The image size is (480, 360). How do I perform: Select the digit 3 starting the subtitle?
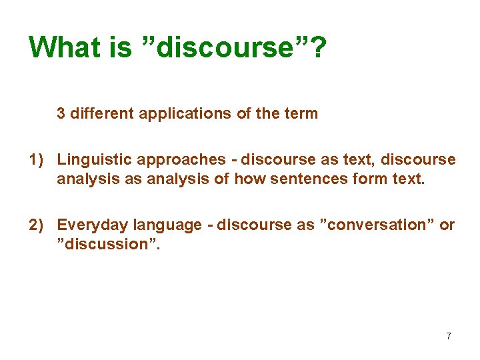click(x=61, y=113)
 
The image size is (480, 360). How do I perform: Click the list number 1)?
click(x=37, y=160)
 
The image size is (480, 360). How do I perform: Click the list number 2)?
click(x=37, y=225)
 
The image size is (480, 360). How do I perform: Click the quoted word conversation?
click(x=377, y=225)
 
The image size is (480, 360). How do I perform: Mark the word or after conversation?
click(x=447, y=225)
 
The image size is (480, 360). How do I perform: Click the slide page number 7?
click(x=449, y=336)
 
